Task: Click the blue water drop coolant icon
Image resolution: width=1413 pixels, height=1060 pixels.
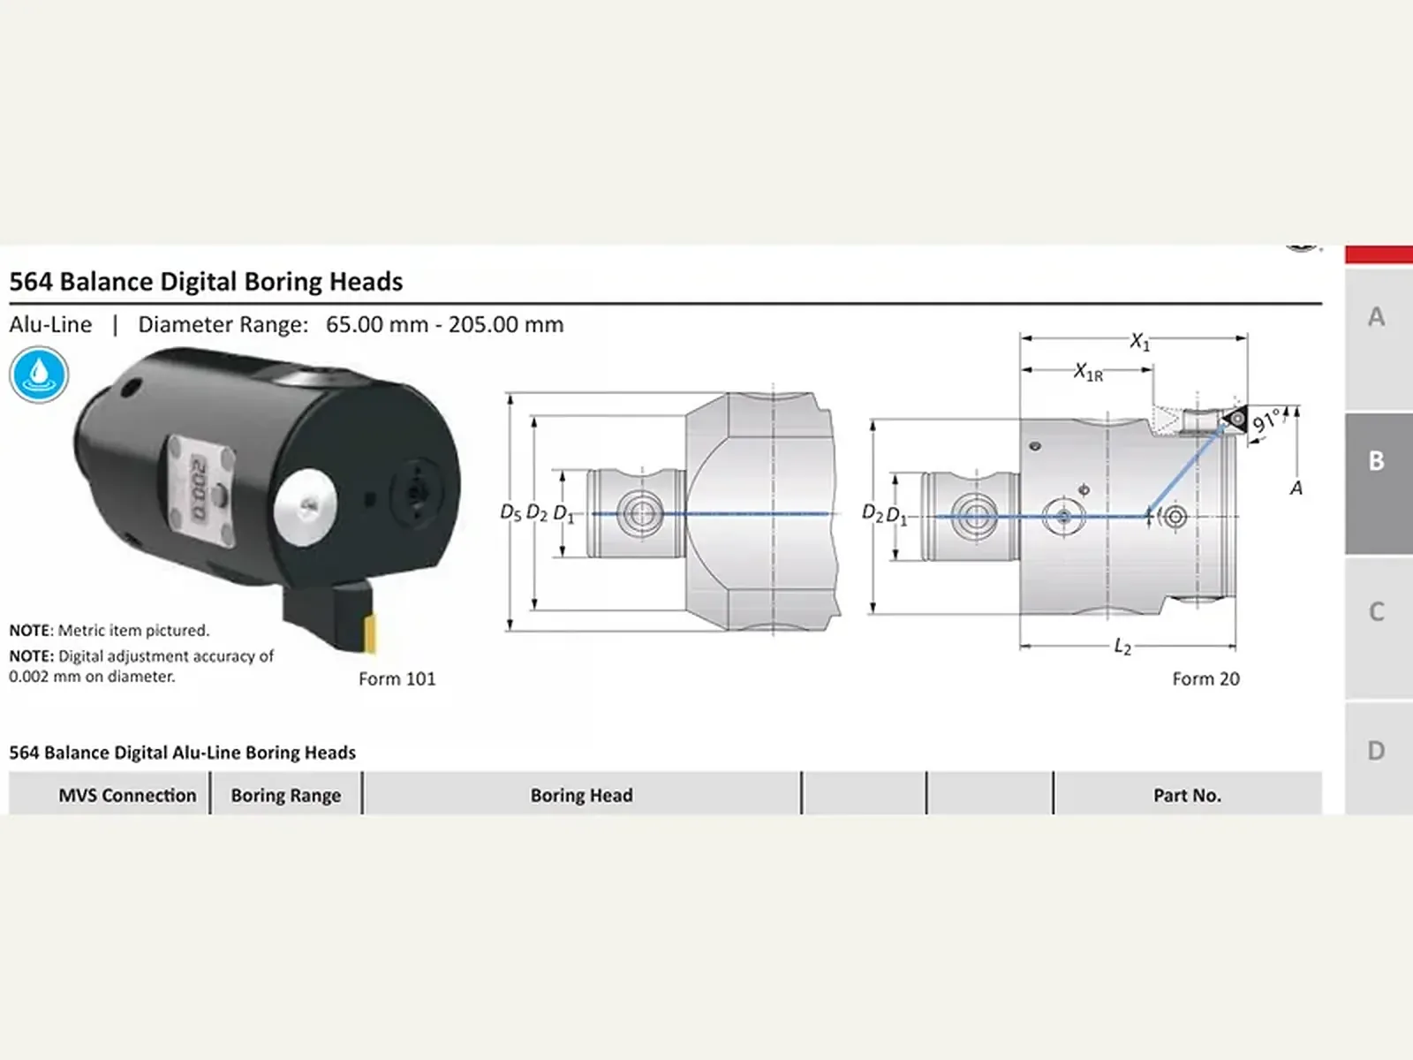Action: click(x=39, y=375)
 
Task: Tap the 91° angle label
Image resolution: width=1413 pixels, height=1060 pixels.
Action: click(x=1266, y=421)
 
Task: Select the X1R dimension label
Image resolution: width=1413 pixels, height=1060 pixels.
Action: click(x=1088, y=372)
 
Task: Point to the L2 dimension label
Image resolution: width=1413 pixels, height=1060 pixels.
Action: click(x=1122, y=647)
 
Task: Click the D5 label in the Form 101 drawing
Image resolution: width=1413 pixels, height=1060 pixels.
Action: click(x=510, y=512)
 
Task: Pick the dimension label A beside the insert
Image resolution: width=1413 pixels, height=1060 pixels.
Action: click(x=1296, y=488)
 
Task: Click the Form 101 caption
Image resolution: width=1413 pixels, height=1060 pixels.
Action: click(x=397, y=678)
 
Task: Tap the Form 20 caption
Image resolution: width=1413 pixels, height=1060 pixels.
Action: click(x=1205, y=678)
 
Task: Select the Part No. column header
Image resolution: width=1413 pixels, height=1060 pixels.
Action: click(x=1187, y=796)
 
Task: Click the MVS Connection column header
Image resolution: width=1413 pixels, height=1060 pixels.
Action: click(x=127, y=796)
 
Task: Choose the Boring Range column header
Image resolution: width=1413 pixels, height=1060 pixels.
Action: click(x=286, y=796)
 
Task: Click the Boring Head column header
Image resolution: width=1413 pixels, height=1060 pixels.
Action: click(x=581, y=796)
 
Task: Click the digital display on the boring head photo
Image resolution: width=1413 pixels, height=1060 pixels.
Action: click(x=200, y=489)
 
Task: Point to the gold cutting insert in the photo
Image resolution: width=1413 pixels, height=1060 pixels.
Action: click(x=369, y=633)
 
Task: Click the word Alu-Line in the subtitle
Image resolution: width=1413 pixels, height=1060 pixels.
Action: click(x=51, y=324)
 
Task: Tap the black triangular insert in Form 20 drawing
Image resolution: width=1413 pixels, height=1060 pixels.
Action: click(x=1235, y=420)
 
